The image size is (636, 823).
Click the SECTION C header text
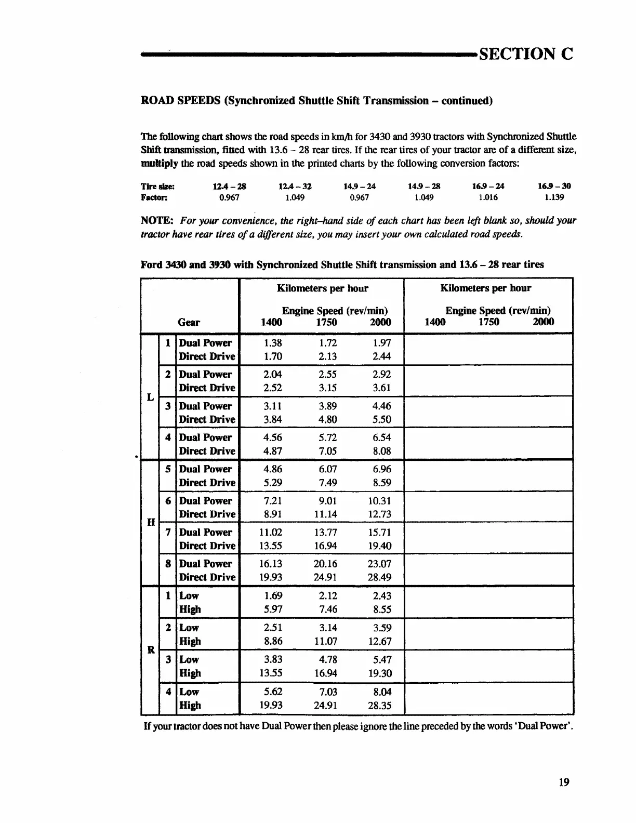tap(526, 54)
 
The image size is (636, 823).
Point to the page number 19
tap(564, 782)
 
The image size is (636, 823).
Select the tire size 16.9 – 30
tap(554, 186)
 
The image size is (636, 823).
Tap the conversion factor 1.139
tap(554, 197)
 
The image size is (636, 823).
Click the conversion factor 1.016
tap(488, 197)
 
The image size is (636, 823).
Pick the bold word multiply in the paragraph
tap(160, 163)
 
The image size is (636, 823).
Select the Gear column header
tap(189, 322)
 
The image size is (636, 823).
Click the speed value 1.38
tap(273, 343)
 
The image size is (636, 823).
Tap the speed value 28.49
tap(379, 577)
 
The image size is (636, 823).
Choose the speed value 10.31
tap(379, 501)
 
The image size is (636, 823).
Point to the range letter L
tap(150, 397)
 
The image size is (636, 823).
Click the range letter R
tap(151, 650)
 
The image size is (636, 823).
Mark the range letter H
tap(151, 522)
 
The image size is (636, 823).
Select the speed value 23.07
tap(379, 564)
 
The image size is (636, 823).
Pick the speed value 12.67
tap(380, 642)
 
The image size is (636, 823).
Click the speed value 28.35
tap(380, 706)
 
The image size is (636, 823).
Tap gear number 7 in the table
tap(168, 533)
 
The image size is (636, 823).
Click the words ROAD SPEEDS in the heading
tap(180, 101)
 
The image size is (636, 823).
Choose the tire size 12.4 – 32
tap(295, 186)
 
